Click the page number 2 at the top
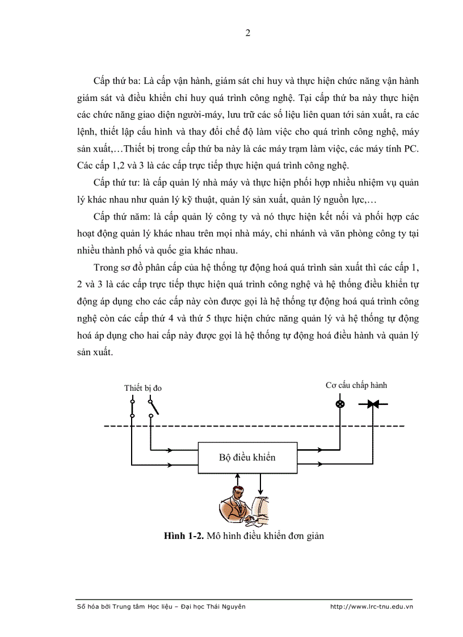(x=247, y=33)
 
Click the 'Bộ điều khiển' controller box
(x=247, y=457)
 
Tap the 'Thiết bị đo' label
(x=143, y=388)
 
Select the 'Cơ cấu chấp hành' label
(x=356, y=385)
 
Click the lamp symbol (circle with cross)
(x=340, y=404)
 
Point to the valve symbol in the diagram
(x=372, y=404)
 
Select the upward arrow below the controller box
(x=237, y=482)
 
